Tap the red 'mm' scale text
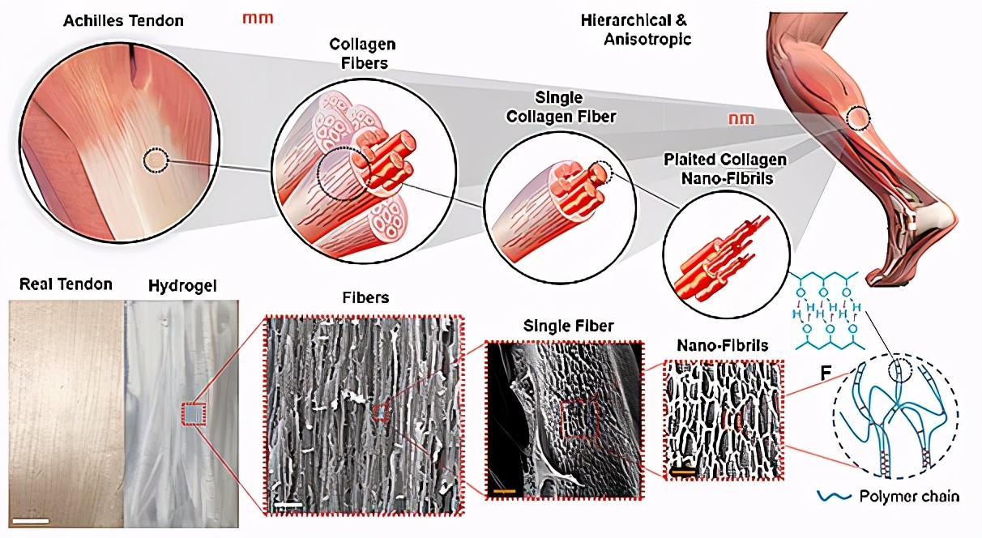point(258,18)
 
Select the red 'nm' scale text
point(741,119)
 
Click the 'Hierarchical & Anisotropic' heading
point(636,28)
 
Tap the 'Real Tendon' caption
point(62,284)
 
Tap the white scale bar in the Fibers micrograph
point(288,506)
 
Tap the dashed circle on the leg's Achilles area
point(857,119)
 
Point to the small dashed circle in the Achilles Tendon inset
point(155,160)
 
